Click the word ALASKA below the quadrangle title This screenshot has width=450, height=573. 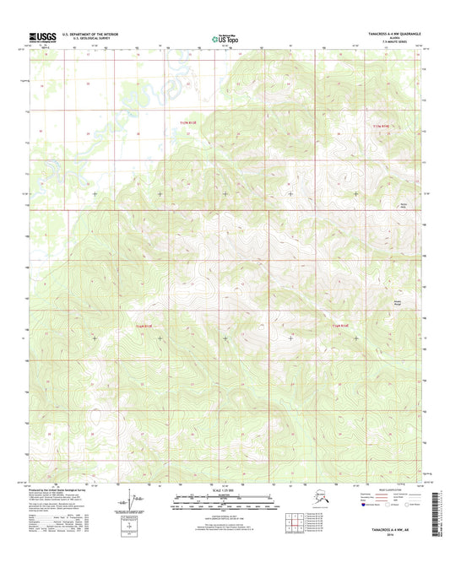click(394, 39)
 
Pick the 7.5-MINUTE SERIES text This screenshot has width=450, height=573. click(394, 43)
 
